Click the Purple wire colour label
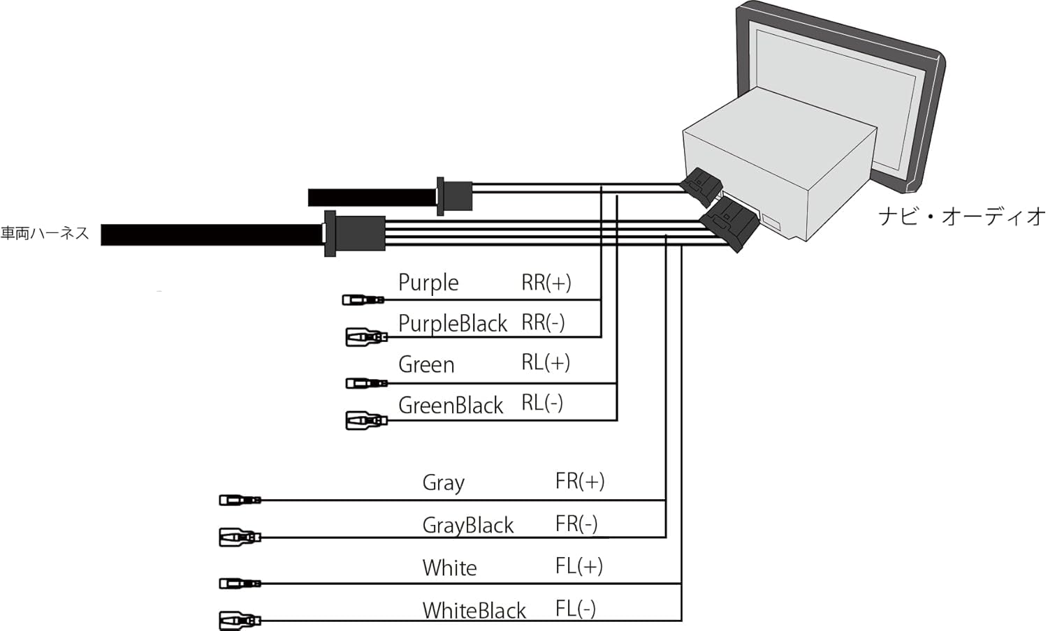click(x=428, y=283)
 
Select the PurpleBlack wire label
click(x=452, y=323)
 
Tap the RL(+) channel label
click(x=546, y=363)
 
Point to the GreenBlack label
click(x=451, y=405)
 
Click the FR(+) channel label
click(x=580, y=481)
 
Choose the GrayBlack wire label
click(x=467, y=525)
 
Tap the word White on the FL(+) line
click(x=449, y=567)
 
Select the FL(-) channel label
click(x=576, y=609)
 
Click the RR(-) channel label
click(x=543, y=322)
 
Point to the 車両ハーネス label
click(x=45, y=233)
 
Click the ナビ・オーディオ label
click(x=961, y=216)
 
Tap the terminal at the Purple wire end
click(x=363, y=300)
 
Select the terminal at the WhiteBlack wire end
click(x=240, y=620)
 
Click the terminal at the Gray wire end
click(x=240, y=500)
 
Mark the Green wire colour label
click(x=426, y=364)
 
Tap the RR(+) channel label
click(x=546, y=283)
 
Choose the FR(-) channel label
click(x=576, y=524)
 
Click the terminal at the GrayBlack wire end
click(x=240, y=537)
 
